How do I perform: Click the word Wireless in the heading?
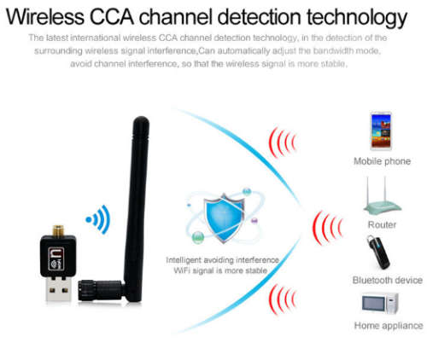point(45,17)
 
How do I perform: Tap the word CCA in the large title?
point(112,17)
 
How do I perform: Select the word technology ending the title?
point(357,19)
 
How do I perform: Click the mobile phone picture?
point(381,131)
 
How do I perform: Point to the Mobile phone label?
point(382,161)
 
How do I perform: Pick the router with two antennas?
point(382,196)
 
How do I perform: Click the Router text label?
point(382,224)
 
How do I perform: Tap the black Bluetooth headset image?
point(378,253)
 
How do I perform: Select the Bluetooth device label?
point(388,280)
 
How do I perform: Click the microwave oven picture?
point(380,303)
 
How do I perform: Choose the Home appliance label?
point(389,326)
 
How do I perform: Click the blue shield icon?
point(224,218)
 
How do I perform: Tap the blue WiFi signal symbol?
point(98,219)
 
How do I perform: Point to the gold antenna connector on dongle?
point(58,230)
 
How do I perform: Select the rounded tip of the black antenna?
point(141,121)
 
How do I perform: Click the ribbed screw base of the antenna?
point(86,290)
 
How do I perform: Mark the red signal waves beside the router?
point(327,228)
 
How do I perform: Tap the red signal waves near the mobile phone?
point(283,142)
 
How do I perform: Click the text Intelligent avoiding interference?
point(222,260)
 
